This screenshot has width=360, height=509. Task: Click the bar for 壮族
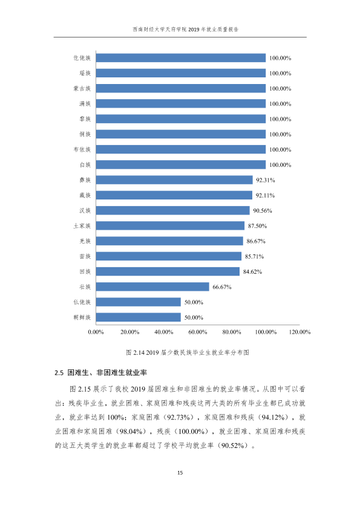[x=152, y=287]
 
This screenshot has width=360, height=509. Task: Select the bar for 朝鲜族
[x=138, y=317]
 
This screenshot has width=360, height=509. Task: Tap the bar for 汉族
[x=172, y=210]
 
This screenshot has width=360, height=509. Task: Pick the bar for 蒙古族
[x=181, y=88]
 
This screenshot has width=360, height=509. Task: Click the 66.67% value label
[x=222, y=287]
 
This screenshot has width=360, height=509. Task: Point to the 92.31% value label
[x=266, y=180]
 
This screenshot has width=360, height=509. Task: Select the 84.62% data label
[x=252, y=271]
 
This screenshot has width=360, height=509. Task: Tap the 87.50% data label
[x=257, y=226]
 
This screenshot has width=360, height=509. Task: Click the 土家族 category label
[x=82, y=225]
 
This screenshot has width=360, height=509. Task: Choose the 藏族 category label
[x=85, y=195]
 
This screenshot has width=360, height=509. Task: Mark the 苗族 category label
[x=85, y=256]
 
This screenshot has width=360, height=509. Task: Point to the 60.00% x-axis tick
[x=197, y=332]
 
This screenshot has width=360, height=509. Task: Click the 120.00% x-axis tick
[x=299, y=332]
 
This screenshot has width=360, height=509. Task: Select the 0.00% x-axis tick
[x=96, y=332]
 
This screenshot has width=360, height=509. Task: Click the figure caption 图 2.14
[x=188, y=352]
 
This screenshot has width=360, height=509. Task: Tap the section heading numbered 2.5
[x=100, y=372]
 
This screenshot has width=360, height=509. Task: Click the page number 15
[x=180, y=473]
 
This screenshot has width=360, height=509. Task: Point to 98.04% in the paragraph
[x=131, y=432]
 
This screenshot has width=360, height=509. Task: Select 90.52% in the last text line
[x=232, y=446]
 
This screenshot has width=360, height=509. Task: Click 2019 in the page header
[x=194, y=30]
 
